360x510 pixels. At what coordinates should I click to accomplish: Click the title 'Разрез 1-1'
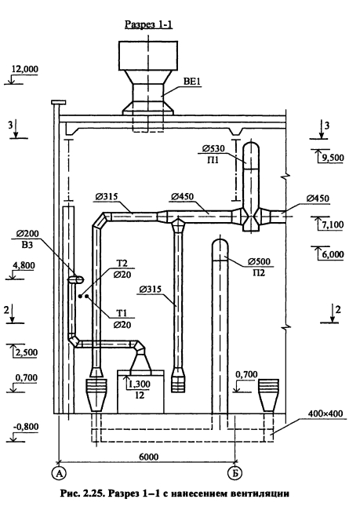148,24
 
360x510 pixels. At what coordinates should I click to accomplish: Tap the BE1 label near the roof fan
192,82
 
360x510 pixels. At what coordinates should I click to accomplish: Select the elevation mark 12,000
25,69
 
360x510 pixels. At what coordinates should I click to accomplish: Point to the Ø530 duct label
213,148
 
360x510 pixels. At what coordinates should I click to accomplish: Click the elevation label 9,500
333,158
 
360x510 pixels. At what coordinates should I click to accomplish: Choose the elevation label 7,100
333,224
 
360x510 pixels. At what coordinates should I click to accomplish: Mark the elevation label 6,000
333,254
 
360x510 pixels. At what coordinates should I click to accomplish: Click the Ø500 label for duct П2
259,261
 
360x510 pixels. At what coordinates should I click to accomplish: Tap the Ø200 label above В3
27,234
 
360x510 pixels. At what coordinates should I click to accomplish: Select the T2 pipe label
122,264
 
